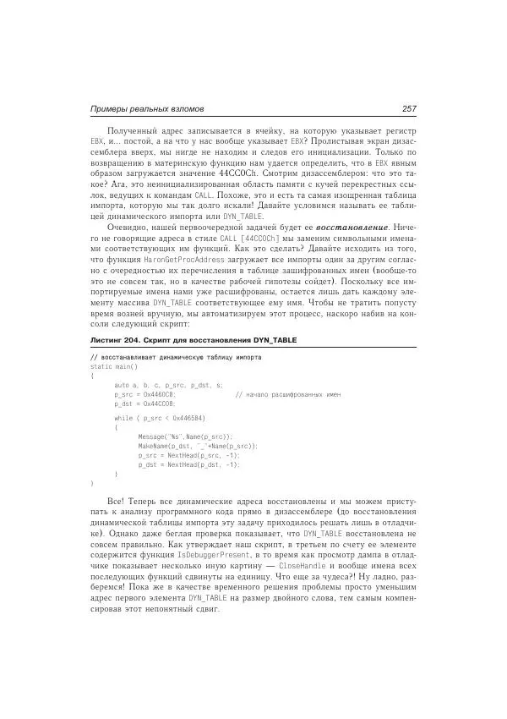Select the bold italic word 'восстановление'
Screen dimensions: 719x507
[x=353, y=228]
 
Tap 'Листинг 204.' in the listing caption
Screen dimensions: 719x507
[x=116, y=339]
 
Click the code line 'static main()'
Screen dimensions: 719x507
[x=113, y=366]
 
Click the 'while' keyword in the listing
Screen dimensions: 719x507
[x=123, y=418]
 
